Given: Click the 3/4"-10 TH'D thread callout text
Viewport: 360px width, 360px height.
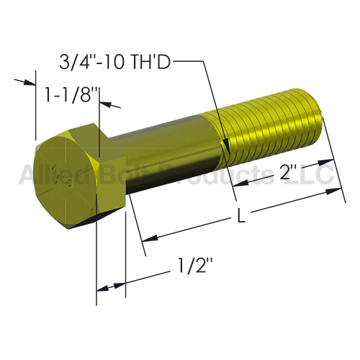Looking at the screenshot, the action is [x=114, y=62].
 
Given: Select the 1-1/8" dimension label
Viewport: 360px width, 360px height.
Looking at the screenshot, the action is [x=72, y=94].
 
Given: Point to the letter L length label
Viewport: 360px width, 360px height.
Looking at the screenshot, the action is [x=240, y=215].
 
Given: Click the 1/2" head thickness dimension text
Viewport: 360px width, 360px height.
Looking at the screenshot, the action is [x=196, y=265].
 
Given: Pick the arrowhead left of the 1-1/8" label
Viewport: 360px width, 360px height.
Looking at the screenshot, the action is [x=30, y=82].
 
